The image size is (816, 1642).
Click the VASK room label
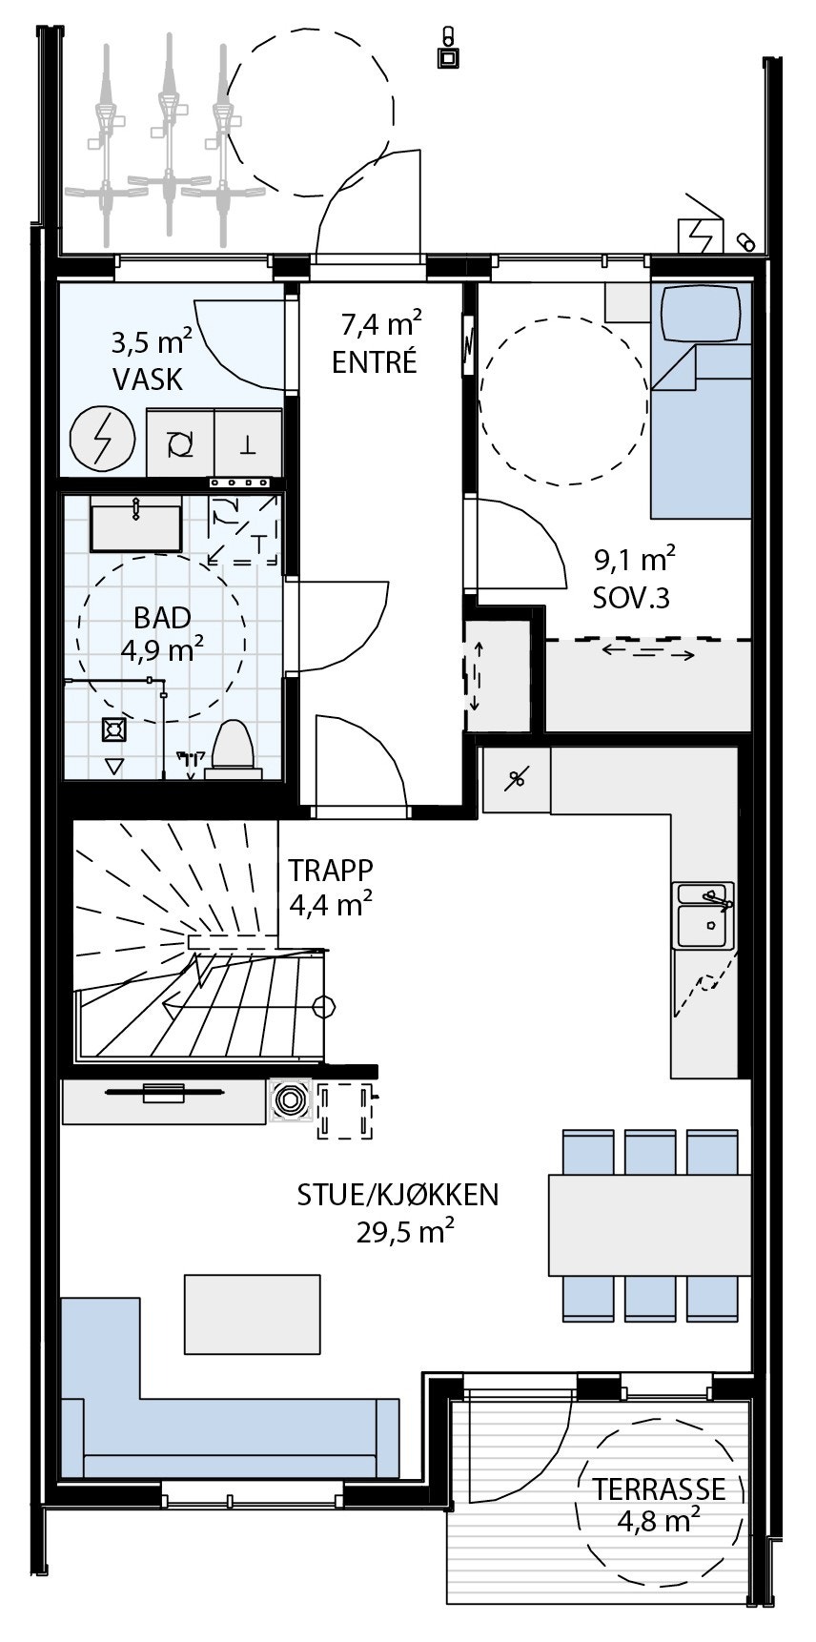148,380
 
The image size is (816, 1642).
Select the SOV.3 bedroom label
631,598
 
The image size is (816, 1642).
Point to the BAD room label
162,618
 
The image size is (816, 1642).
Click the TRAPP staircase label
331,871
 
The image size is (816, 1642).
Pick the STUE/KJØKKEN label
398,1195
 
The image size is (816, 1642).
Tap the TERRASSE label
659,1489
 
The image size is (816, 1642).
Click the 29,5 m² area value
404,1232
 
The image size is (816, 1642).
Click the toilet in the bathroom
232,746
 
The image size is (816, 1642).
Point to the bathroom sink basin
135,526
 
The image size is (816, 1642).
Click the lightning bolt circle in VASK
101,440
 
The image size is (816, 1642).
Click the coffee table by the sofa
253,1313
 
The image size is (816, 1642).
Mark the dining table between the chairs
648,1224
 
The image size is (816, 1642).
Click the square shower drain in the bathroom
114,729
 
